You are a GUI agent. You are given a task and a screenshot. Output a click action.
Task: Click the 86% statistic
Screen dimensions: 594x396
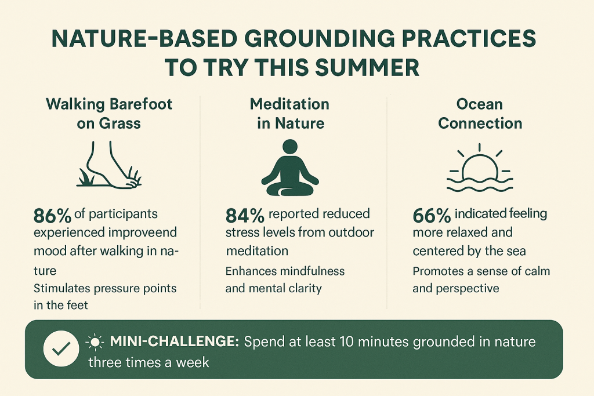click(x=52, y=216)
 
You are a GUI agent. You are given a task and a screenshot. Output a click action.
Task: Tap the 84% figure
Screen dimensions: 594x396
click(x=245, y=216)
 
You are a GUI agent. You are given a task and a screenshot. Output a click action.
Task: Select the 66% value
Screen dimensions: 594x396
click(x=432, y=216)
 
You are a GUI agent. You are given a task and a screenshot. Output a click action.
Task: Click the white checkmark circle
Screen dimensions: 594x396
click(x=61, y=348)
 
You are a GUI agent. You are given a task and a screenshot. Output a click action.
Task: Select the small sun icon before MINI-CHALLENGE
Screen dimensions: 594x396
click(x=95, y=342)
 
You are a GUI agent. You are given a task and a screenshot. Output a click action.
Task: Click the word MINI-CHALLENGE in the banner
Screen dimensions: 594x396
click(x=174, y=341)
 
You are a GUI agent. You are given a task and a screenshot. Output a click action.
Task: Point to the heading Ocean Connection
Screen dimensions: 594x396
click(x=480, y=114)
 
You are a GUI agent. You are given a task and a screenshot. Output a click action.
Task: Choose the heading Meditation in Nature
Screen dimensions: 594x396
click(x=290, y=114)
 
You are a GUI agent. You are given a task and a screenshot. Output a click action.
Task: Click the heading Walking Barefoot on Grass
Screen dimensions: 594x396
click(x=109, y=114)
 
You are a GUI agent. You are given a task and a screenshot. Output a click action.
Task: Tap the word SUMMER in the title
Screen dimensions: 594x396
click(x=367, y=67)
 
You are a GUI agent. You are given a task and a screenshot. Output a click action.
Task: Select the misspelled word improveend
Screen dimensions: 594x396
click(x=143, y=232)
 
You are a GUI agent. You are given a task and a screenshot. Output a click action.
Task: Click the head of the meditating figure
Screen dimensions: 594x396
click(x=290, y=147)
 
